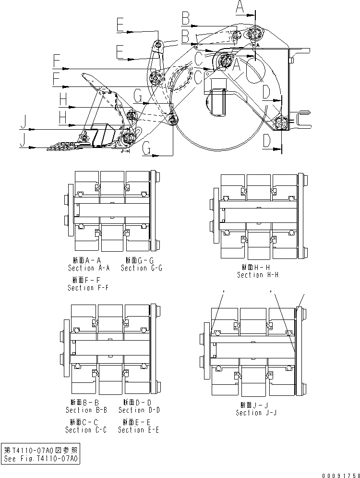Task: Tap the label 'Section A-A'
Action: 88,268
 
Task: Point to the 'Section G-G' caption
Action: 141,268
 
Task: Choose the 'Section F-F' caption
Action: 88,288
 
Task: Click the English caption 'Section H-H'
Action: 257,275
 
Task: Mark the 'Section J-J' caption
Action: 256,413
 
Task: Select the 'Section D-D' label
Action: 139,410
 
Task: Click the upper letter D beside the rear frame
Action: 267,91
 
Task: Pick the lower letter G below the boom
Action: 147,151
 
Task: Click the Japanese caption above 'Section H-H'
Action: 258,267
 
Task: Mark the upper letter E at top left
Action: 120,24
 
